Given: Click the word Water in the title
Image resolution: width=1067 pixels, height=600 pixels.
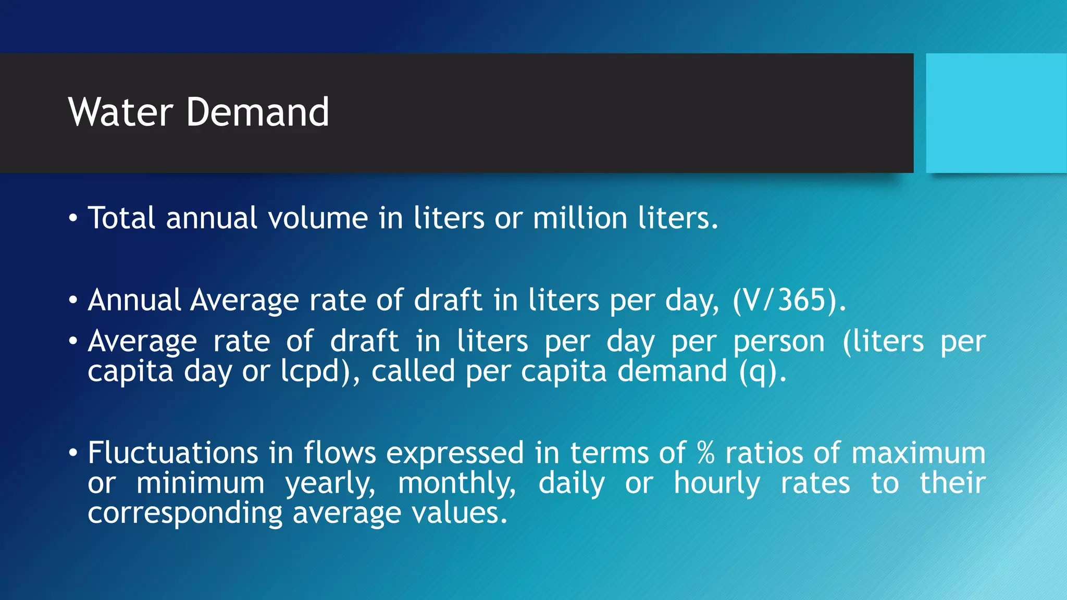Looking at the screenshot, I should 120,112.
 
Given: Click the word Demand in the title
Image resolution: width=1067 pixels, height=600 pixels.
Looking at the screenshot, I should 257,112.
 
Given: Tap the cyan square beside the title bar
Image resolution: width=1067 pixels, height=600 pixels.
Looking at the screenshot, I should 996,113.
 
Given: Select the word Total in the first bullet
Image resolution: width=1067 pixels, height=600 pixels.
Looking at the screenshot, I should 121,218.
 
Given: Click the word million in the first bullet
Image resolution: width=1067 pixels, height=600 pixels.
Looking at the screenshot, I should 580,218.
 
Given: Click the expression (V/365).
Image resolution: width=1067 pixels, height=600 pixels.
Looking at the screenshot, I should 789,301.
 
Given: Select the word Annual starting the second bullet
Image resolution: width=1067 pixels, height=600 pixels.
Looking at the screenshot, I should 134,301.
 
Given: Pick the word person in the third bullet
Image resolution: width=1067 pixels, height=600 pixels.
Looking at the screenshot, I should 779,342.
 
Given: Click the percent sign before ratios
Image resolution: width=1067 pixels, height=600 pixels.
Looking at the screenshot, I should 705,452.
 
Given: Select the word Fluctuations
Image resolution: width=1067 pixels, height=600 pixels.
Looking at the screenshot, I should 173,452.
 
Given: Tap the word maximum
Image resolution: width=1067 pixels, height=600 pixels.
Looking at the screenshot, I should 918,453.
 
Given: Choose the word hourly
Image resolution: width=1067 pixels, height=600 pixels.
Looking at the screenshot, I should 717,483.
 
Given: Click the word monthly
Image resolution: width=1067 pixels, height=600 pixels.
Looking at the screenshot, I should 456,483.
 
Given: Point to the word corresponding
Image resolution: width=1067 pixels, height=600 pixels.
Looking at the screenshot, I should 185,514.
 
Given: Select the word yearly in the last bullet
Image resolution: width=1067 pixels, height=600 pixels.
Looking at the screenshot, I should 330,483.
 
